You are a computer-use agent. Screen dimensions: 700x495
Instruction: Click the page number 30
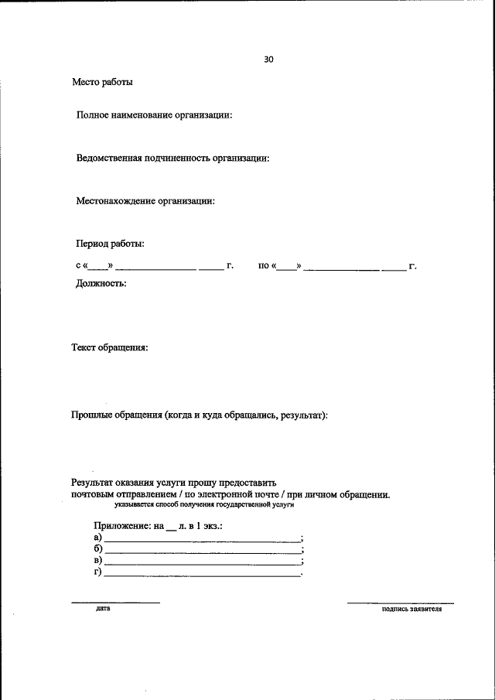coord(268,59)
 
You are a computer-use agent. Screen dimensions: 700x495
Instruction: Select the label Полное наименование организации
coord(154,115)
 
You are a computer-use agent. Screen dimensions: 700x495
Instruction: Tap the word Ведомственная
coord(109,159)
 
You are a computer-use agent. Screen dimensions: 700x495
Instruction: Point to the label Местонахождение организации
coord(145,201)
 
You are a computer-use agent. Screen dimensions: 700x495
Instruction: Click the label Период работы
coord(110,244)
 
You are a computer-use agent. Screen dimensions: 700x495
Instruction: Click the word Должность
coord(101,283)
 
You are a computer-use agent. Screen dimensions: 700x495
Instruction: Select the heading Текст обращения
coord(110,348)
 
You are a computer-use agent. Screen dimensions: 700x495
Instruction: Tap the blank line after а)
coord(203,540)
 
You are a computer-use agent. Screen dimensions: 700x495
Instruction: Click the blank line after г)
coord(203,575)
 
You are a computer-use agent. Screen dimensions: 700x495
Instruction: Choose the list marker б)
coord(97,548)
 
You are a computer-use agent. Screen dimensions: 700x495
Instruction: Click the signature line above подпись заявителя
coord(400,603)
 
